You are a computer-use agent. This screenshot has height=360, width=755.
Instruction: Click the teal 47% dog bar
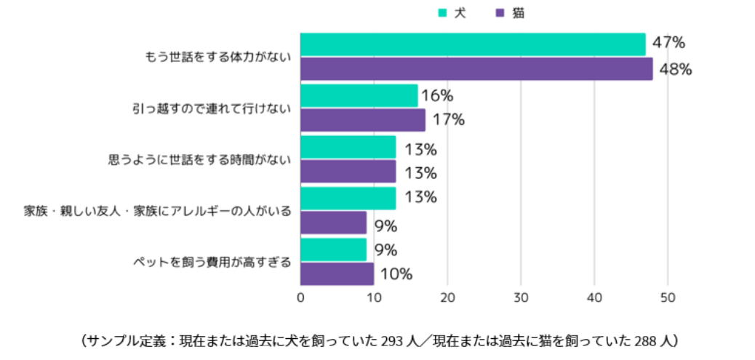click(473, 44)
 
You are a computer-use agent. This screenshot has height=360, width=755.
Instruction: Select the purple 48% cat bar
click(476, 69)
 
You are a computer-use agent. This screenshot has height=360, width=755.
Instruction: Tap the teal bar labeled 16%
click(359, 95)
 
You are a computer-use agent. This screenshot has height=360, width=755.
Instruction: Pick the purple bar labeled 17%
click(363, 120)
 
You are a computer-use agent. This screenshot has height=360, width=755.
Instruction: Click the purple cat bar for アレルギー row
click(333, 223)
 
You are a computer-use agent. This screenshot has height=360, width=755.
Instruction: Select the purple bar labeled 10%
click(337, 274)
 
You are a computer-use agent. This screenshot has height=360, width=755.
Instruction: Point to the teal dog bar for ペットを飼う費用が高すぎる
click(333, 249)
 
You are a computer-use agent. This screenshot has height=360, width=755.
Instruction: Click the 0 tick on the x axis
click(301, 297)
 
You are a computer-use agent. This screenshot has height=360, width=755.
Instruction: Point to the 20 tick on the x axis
click(447, 297)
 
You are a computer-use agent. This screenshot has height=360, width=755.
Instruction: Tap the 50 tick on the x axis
click(668, 297)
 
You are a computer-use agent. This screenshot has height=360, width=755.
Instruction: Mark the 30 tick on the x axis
click(521, 297)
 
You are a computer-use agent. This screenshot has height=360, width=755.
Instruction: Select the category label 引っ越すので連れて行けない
click(212, 108)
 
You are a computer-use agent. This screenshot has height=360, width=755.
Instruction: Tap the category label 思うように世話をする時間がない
click(199, 159)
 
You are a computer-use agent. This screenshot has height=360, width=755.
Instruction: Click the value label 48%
click(674, 70)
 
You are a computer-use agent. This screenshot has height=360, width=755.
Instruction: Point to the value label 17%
click(448, 120)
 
